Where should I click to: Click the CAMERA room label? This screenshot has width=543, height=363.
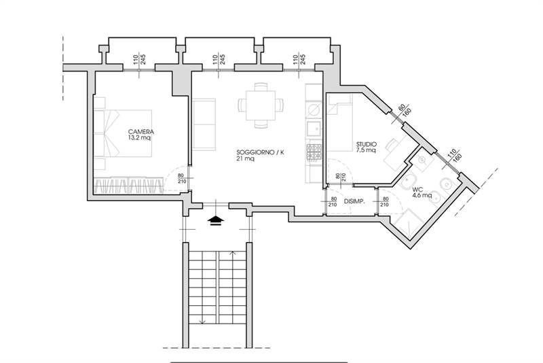click(141, 132)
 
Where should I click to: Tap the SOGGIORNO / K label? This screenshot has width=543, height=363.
click(260, 152)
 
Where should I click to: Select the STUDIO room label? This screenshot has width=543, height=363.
click(367, 144)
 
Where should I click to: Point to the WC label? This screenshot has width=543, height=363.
click(418, 190)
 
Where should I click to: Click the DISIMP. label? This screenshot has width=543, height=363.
click(354, 201)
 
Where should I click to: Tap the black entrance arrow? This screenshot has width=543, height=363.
click(216, 220)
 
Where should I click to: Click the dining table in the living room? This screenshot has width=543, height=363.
click(261, 105)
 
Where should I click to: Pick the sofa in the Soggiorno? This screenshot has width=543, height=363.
click(204, 124)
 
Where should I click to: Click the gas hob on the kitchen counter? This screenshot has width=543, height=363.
click(314, 152)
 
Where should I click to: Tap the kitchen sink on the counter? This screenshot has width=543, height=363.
click(314, 129)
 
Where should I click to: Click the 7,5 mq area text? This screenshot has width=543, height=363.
click(367, 150)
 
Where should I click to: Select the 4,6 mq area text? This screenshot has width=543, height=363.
click(422, 196)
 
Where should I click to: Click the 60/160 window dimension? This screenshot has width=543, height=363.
click(404, 110)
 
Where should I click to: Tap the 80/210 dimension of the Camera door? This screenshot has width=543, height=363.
click(181, 179)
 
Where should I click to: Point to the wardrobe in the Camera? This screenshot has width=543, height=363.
click(129, 185)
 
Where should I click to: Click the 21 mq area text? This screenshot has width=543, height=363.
click(245, 158)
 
